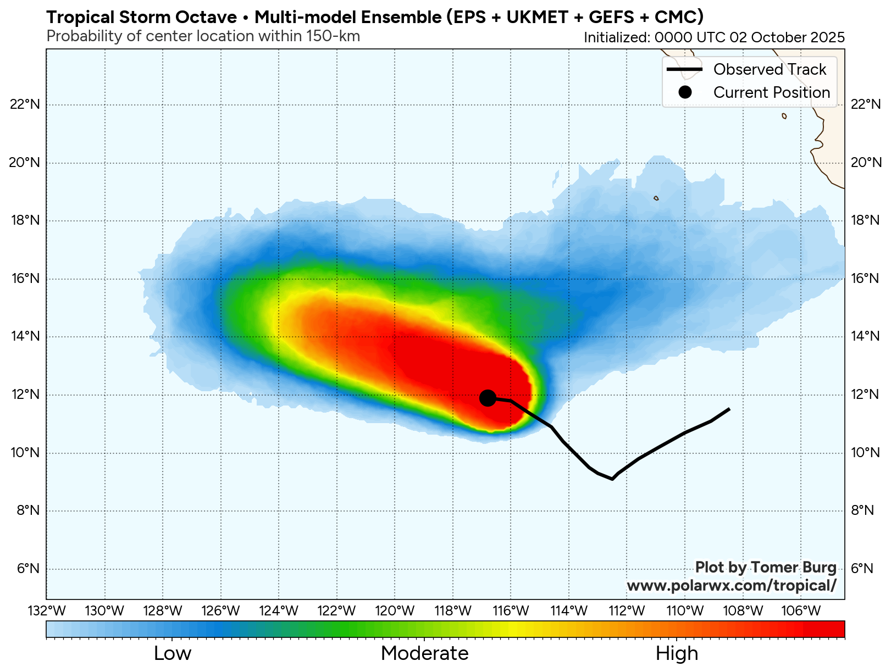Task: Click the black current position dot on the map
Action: (488, 398)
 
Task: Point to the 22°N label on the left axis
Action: (25, 104)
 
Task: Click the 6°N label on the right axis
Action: (862, 569)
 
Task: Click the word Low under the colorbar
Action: (173, 653)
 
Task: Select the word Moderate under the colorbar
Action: (424, 653)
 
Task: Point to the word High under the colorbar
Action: (677, 653)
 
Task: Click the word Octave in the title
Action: (206, 17)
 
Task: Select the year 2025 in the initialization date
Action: (827, 37)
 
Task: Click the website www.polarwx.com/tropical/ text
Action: (732, 585)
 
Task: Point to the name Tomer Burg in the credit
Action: (793, 568)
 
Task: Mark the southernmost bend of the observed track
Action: (612, 479)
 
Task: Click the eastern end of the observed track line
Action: (729, 409)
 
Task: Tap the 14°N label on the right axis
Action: (865, 337)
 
